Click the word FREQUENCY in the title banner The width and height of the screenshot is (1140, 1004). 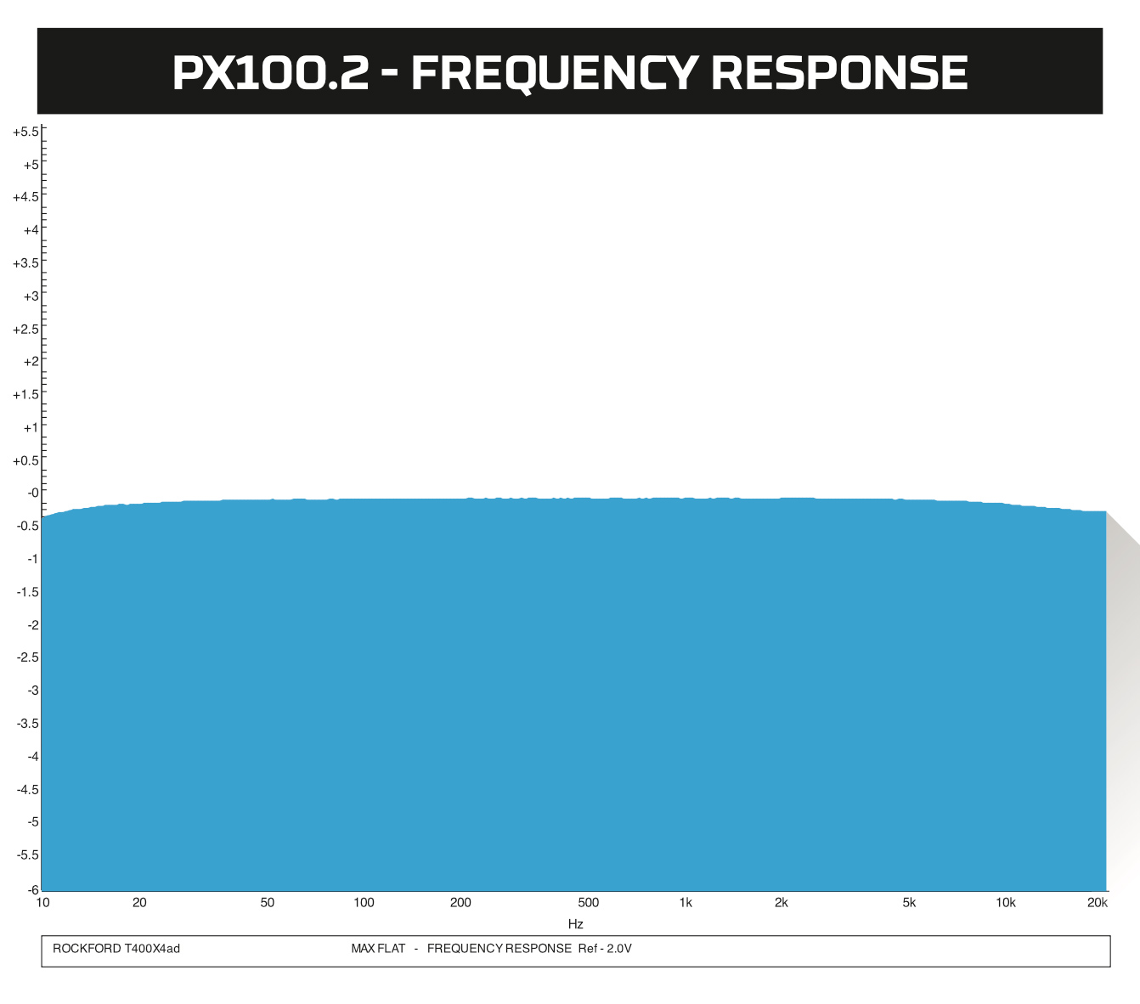click(555, 73)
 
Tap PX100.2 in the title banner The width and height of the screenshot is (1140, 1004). click(271, 73)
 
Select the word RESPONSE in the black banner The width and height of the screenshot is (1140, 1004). click(839, 73)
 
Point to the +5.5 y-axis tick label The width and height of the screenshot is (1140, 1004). click(25, 132)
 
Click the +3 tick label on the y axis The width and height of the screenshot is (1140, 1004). click(31, 296)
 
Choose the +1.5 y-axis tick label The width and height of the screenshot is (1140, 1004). click(25, 394)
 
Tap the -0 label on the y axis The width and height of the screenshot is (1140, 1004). click(33, 493)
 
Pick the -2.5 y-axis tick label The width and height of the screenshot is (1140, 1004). click(27, 657)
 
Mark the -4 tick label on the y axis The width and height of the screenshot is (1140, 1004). click(33, 756)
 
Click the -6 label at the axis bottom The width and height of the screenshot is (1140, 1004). click(33, 890)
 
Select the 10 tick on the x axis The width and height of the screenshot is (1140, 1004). click(42, 903)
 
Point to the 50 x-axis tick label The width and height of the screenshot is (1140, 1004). click(268, 903)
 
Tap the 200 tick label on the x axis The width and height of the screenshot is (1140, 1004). click(460, 903)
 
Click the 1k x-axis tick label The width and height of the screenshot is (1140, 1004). click(686, 903)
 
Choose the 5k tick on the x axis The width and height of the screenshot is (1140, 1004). click(909, 903)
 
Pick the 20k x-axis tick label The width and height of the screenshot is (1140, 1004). click(1098, 903)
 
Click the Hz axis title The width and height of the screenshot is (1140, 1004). click(576, 924)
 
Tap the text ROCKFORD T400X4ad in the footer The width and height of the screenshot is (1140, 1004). click(116, 949)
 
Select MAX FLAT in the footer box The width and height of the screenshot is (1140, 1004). click(378, 949)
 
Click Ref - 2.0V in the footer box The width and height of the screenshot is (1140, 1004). click(605, 949)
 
